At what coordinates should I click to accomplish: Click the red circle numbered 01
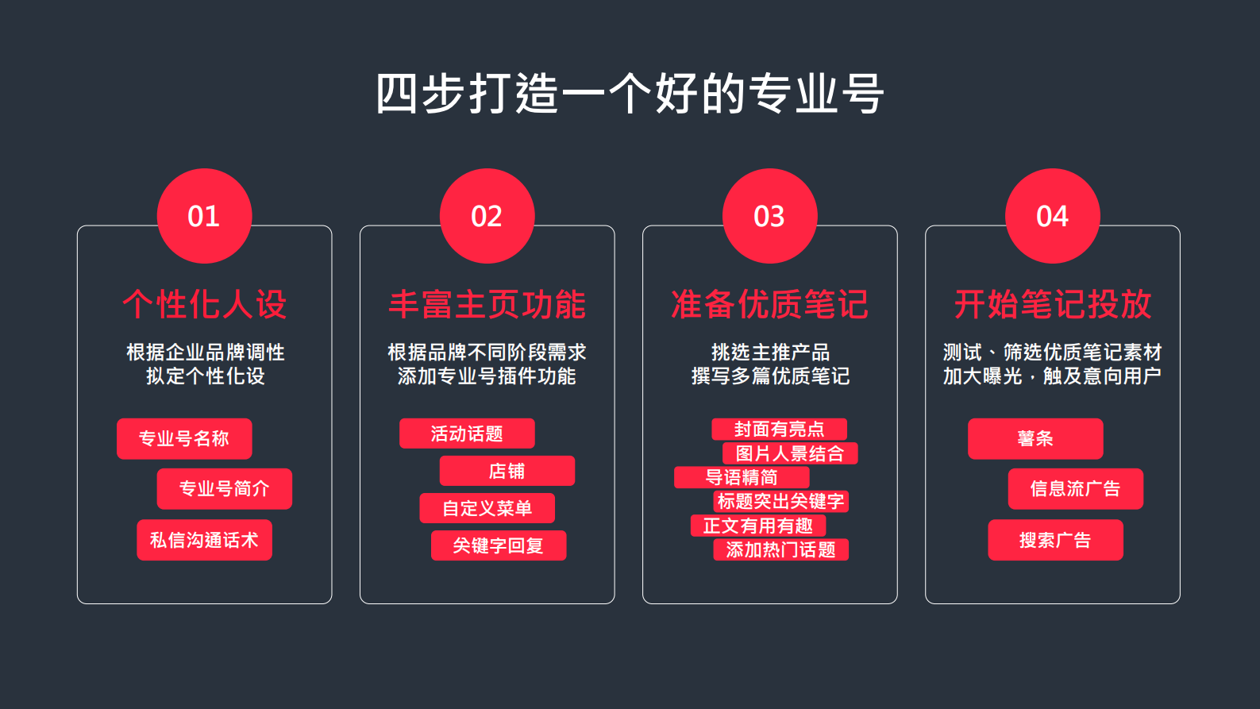click(x=204, y=216)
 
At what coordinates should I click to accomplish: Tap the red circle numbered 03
click(x=769, y=216)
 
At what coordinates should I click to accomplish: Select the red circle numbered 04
click(x=1052, y=216)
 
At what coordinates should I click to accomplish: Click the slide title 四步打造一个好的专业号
click(x=630, y=94)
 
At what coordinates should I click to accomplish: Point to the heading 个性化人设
click(x=205, y=304)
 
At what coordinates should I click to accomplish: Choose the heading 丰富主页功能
click(x=487, y=304)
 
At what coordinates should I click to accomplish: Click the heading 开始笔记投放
click(x=1052, y=304)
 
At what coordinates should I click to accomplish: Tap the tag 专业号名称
click(x=184, y=438)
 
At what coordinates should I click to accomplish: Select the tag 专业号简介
click(x=225, y=488)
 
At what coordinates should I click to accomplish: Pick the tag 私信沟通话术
click(x=204, y=540)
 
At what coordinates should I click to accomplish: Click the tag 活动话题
click(x=467, y=433)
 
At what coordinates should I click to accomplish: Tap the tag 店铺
click(x=507, y=471)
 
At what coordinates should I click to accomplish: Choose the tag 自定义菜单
click(x=487, y=508)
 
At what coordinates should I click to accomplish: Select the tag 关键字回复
click(x=499, y=545)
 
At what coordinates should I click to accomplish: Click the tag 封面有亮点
click(x=779, y=430)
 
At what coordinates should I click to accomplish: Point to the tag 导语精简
click(x=742, y=477)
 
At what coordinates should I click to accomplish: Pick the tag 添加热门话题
click(x=781, y=549)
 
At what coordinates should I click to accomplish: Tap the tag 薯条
click(x=1035, y=438)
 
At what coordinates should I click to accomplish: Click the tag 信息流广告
click(x=1075, y=488)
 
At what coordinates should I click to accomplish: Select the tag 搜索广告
click(x=1055, y=540)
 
